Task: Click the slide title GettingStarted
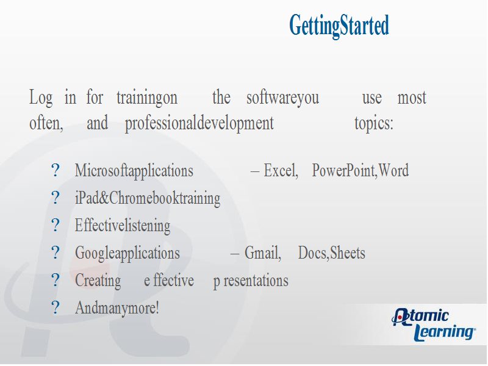pos(339,26)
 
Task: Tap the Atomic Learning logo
pos(434,325)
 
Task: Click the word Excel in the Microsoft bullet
pos(281,171)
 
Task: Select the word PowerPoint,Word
pos(361,171)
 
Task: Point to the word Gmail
pos(263,253)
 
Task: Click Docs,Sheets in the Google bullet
pos(332,253)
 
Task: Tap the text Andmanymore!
pos(117,308)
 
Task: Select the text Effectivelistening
pos(123,226)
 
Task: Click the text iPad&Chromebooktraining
pos(148,198)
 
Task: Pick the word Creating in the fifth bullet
pos(98,281)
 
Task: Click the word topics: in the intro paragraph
pos(374,124)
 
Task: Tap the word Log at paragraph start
pos(41,98)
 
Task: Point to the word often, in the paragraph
pos(46,123)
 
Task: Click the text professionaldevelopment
pos(199,124)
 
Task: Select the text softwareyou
pos(282,98)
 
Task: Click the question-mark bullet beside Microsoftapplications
pos(55,170)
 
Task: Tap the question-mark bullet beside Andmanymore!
pos(55,307)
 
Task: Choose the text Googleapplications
pos(127,253)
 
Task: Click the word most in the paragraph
pos(412,98)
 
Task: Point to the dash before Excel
pos(255,171)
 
